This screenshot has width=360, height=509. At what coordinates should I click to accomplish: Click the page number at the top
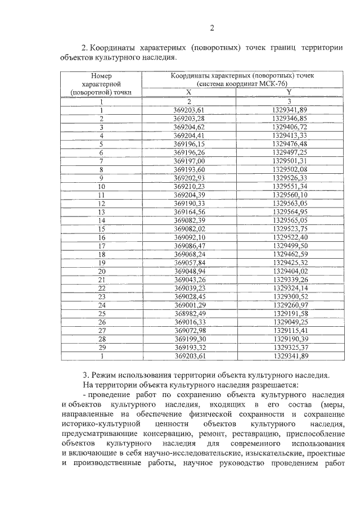tap(212, 29)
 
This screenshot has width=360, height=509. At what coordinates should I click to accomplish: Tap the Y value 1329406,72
tap(290, 127)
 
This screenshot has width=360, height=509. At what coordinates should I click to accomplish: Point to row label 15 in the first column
tap(102, 229)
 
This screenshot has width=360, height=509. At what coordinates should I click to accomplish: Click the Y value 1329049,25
tap(290, 322)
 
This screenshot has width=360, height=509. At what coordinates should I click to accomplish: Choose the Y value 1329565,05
tap(290, 221)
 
